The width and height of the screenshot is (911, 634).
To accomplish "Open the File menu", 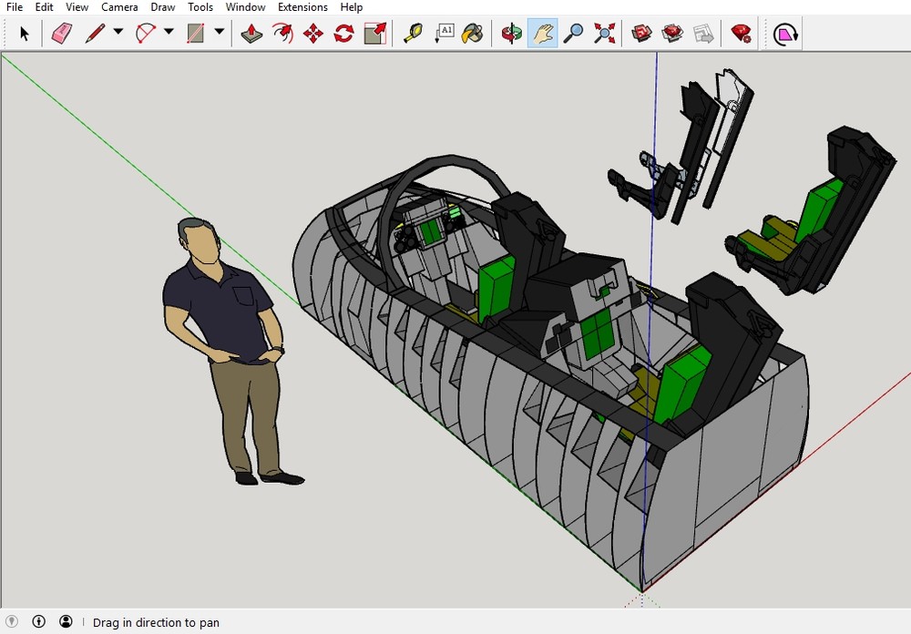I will [x=14, y=7].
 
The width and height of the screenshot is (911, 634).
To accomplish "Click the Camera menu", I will [x=119, y=7].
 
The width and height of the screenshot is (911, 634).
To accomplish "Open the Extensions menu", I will [x=302, y=7].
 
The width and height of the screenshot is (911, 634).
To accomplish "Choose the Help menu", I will [x=352, y=7].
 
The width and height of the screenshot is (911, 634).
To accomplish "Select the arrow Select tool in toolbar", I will [x=25, y=34].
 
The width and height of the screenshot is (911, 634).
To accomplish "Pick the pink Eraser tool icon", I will [x=61, y=34].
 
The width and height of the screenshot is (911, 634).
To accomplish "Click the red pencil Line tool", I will [x=95, y=34].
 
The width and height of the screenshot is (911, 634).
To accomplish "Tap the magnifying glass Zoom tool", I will [x=573, y=34].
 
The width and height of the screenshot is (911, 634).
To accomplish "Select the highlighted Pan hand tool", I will [x=542, y=34].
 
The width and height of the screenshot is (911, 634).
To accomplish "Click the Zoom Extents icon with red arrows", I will [x=604, y=34].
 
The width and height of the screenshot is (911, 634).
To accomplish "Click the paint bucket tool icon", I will [x=472, y=34].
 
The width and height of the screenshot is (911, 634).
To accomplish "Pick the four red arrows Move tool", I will [x=313, y=34].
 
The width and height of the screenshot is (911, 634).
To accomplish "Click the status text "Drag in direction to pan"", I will [x=156, y=623].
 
